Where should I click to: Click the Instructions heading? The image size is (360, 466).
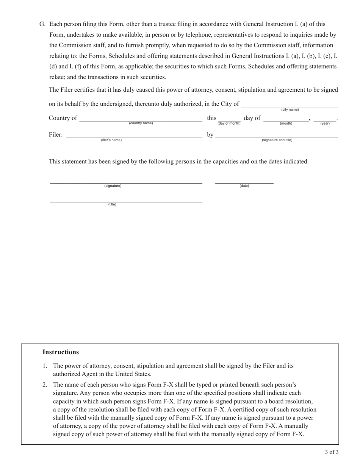coord(61,352)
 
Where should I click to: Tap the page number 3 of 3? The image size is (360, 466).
coord(331,452)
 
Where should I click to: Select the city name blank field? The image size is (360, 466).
coord(290,104)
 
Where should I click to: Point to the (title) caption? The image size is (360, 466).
coord(112,205)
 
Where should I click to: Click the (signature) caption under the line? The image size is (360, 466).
coord(113,186)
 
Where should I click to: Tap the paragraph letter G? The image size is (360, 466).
coord(42,24)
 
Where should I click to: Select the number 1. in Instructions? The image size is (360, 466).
coord(45,366)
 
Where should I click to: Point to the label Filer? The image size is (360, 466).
coord(56,135)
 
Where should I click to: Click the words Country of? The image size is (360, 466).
coord(63,118)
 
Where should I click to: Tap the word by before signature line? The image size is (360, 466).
coord(210,135)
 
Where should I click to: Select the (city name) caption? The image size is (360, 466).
coord(290,109)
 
